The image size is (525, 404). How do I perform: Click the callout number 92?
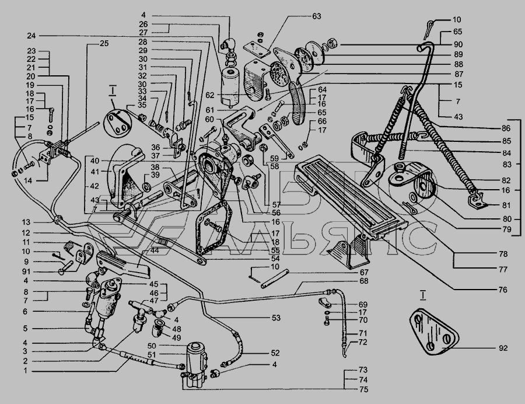(503, 348)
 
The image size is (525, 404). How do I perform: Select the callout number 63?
(316, 16)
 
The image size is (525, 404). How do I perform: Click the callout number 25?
(104, 44)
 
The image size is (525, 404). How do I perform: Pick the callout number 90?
(458, 44)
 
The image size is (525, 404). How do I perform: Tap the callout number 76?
(503, 290)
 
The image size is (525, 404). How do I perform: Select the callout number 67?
(364, 273)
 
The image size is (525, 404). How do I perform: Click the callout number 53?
(276, 318)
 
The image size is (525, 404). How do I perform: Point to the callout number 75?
(363, 389)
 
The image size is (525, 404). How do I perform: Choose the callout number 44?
(155, 250)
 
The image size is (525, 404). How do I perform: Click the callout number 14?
(28, 180)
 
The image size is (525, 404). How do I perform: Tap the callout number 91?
(26, 271)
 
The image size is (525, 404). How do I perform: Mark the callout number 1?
(26, 371)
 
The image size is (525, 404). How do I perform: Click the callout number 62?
(209, 96)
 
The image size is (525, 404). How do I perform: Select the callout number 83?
(507, 165)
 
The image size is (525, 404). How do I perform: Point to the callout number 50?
(152, 346)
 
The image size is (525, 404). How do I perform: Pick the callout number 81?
(506, 206)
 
